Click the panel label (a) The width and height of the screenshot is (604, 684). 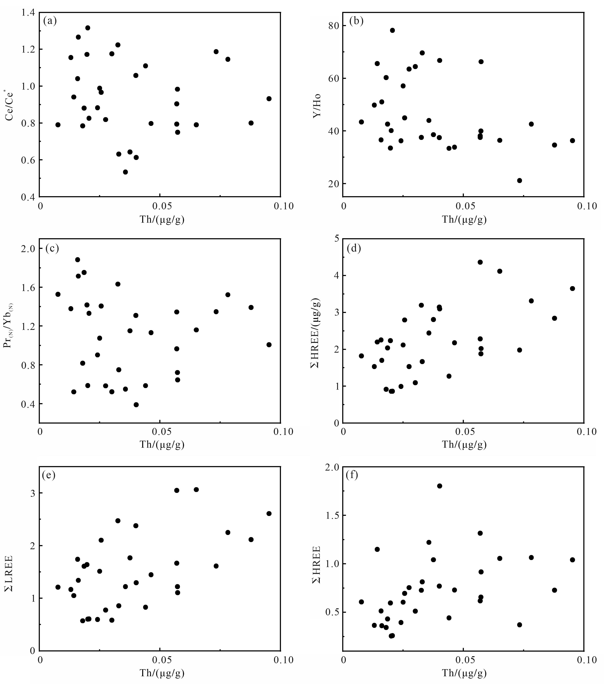click(x=50, y=21)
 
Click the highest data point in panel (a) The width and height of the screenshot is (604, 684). click(x=88, y=28)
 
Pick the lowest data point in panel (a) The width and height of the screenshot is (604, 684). click(x=125, y=172)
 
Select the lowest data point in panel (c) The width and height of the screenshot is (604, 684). click(x=136, y=405)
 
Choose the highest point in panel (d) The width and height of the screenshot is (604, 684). click(x=480, y=262)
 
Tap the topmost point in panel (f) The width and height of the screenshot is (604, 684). click(x=439, y=486)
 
